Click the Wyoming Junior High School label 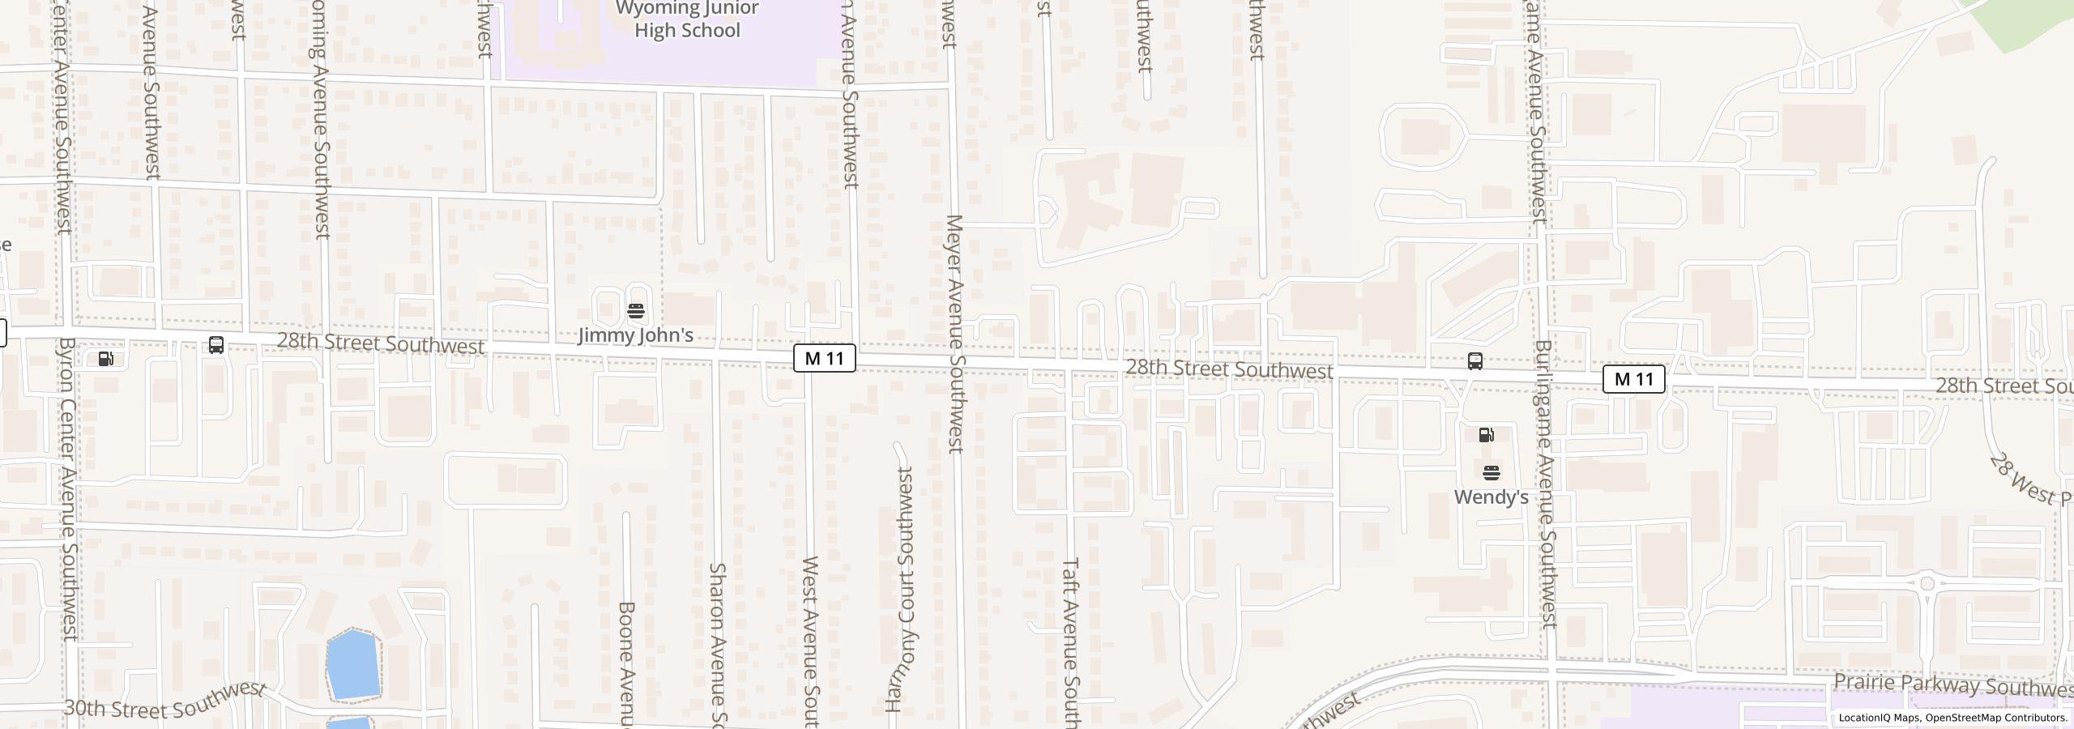click(x=687, y=20)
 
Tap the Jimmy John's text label click(x=635, y=335)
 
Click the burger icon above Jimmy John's click(x=636, y=311)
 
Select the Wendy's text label click(x=1491, y=497)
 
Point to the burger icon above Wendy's click(x=1491, y=473)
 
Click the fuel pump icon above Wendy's click(x=1487, y=435)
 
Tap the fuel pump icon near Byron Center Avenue click(x=106, y=359)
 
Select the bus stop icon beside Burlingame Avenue click(x=1475, y=361)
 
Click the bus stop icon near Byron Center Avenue click(x=216, y=345)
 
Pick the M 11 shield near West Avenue click(x=824, y=358)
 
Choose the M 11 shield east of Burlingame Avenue click(x=1633, y=379)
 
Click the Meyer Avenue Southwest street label click(x=954, y=333)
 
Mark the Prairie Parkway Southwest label click(x=1952, y=685)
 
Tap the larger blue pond click(x=353, y=663)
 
